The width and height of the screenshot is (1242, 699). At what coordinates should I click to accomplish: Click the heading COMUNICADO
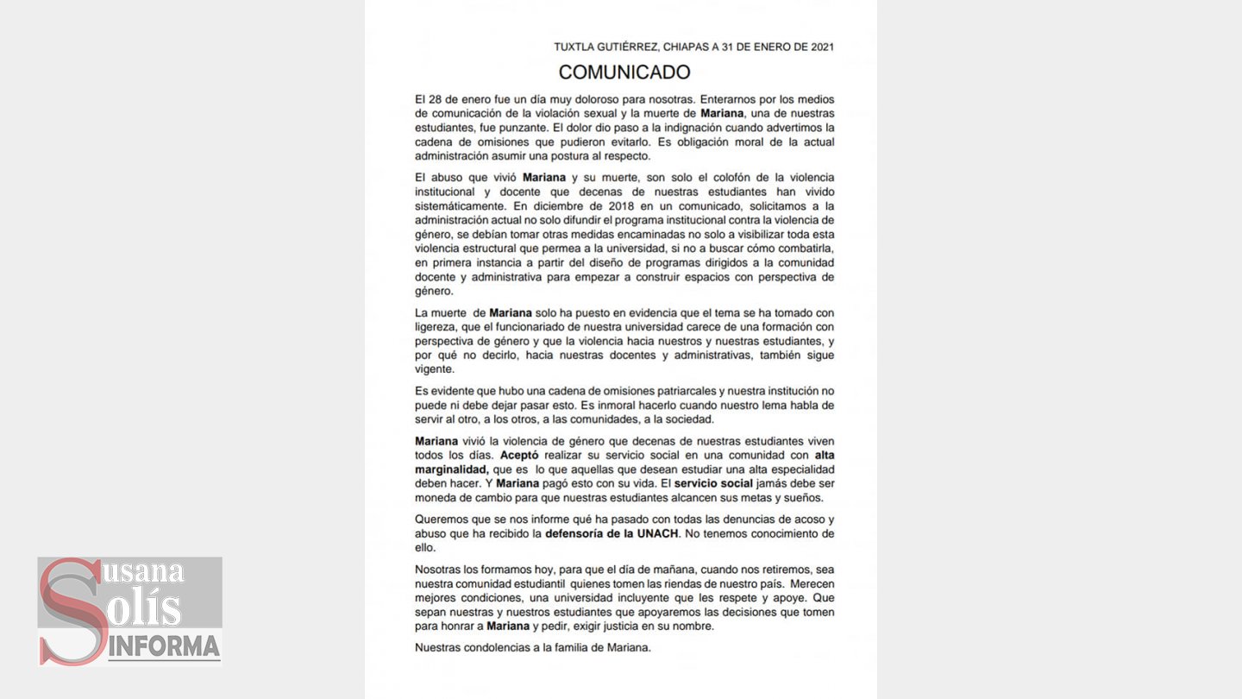[624, 72]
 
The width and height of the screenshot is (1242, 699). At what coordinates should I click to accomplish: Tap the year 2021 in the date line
[822, 47]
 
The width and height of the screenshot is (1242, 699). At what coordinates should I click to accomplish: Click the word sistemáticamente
[459, 205]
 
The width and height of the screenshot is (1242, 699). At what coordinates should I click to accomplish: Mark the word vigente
[434, 368]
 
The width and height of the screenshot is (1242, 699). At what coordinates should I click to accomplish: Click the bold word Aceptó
[523, 455]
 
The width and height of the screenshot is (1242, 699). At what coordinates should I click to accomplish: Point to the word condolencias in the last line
[494, 647]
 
